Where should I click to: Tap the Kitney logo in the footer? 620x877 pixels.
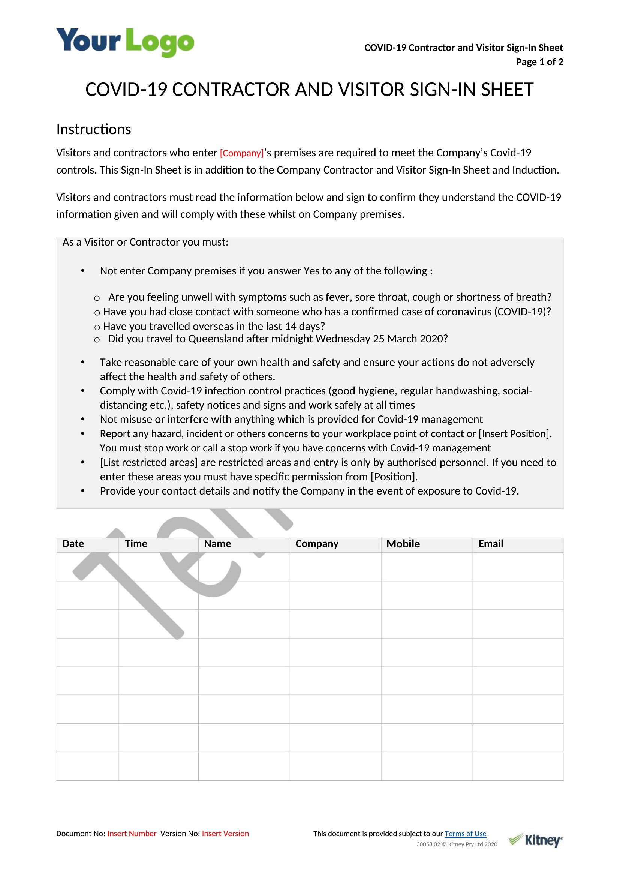(x=535, y=840)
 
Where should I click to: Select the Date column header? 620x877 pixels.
(x=73, y=544)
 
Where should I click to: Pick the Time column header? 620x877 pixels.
(x=136, y=544)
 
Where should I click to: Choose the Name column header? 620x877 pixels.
(x=217, y=544)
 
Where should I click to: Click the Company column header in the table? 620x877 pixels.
(x=317, y=544)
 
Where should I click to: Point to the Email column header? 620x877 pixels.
(x=491, y=544)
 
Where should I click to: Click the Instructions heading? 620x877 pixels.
(x=94, y=129)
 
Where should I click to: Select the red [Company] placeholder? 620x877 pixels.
(x=242, y=153)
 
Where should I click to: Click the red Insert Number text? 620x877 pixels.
(x=132, y=834)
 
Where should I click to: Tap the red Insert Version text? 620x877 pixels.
(x=225, y=834)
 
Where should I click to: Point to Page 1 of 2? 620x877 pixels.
(x=539, y=62)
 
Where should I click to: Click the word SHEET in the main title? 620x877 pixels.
(x=507, y=90)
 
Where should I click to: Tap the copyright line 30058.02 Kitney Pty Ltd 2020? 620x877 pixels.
(x=457, y=844)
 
